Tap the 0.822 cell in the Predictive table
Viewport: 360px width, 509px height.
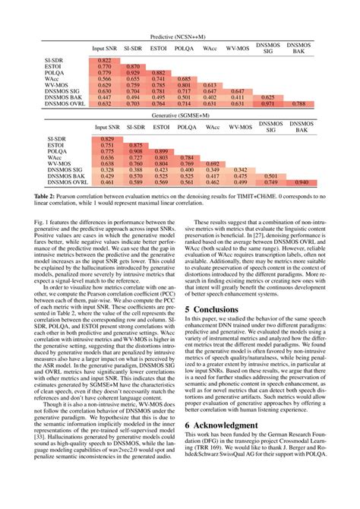pyautogui.click(x=104, y=60)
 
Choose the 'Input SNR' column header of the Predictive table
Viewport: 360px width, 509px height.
pyautogui.click(x=104, y=49)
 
